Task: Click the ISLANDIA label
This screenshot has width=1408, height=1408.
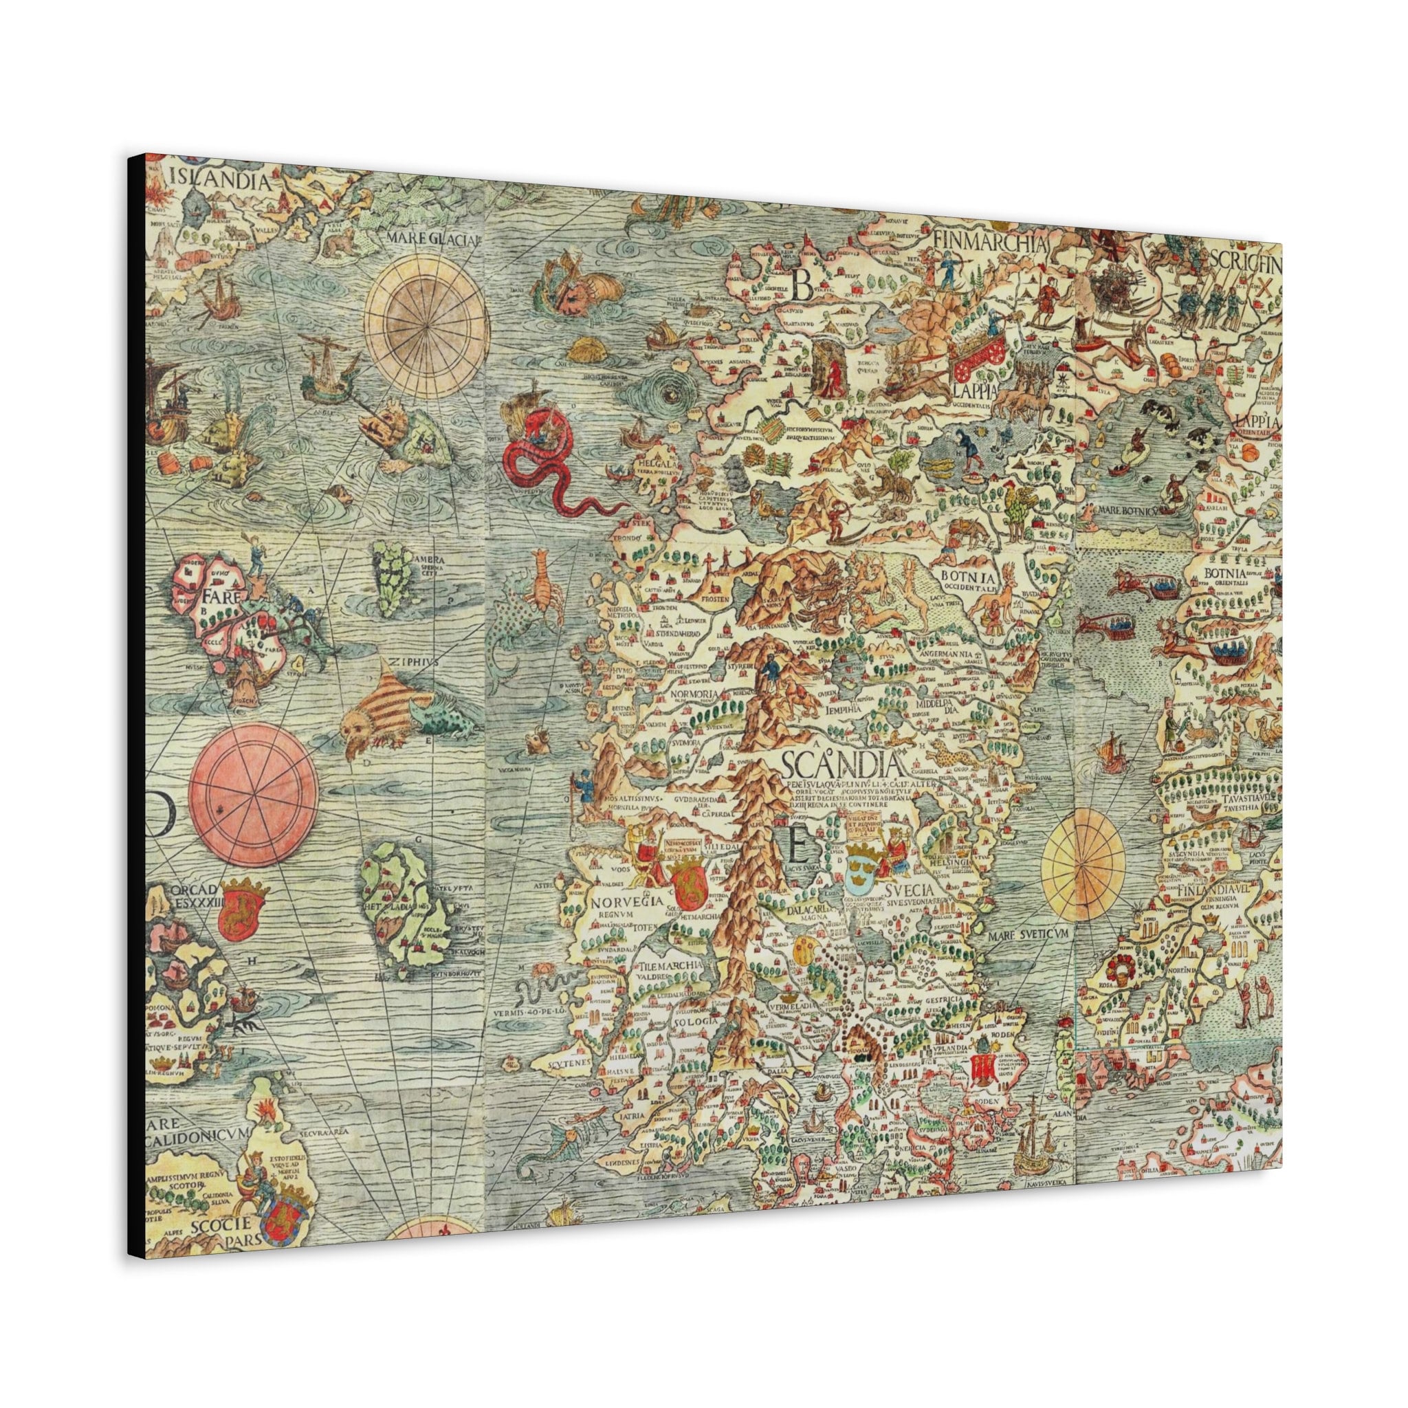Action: (215, 177)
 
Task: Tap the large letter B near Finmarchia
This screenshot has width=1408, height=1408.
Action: (802, 285)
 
